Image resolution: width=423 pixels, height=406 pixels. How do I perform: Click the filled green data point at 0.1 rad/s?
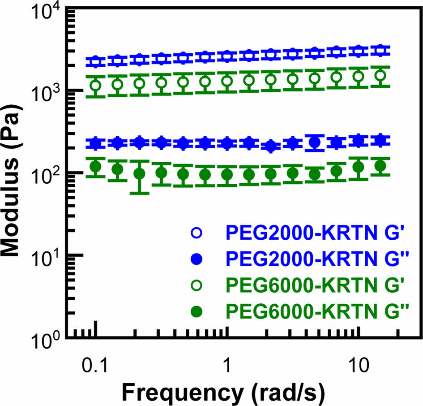coord(95,167)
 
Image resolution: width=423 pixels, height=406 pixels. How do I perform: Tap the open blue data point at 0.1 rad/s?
coord(95,61)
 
